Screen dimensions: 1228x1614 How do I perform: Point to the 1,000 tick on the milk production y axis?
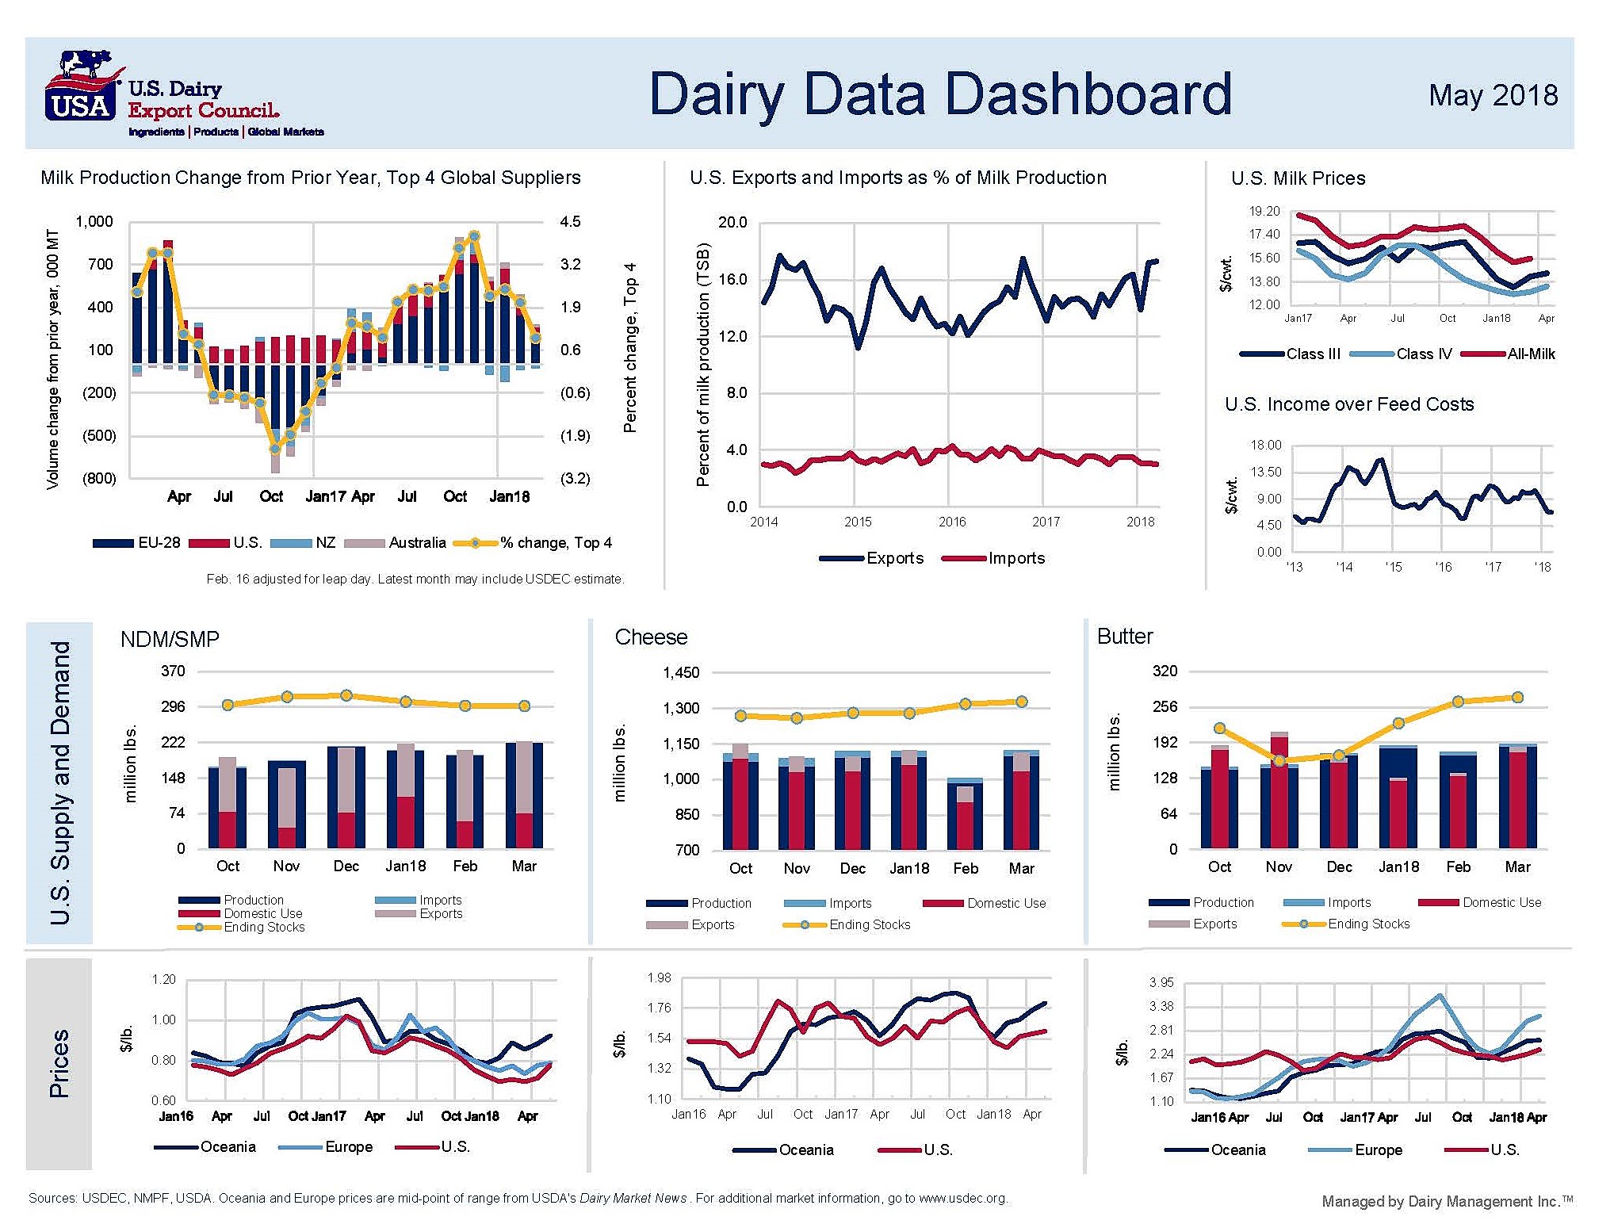click(94, 221)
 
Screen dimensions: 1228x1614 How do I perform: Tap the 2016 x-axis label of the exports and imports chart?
click(951, 522)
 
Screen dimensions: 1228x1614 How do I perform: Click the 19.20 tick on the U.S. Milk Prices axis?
click(1264, 211)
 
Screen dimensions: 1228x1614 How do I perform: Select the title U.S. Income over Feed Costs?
click(1348, 404)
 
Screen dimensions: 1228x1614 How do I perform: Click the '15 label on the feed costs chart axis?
click(1393, 567)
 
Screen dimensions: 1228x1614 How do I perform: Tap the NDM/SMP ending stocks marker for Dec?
click(346, 695)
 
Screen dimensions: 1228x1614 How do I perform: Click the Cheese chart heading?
click(651, 637)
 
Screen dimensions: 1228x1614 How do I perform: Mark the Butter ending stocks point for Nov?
click(1279, 761)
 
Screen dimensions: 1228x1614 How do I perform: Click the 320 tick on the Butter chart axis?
click(1165, 671)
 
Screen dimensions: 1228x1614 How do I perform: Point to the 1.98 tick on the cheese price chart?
click(659, 977)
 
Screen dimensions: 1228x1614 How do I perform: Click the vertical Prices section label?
click(59, 1063)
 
